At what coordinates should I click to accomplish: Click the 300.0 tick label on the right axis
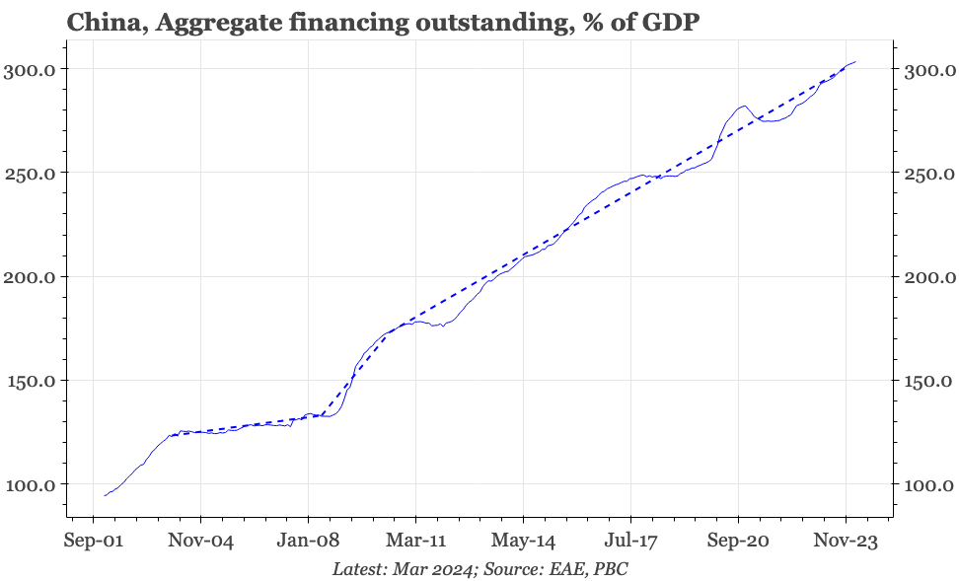click(928, 69)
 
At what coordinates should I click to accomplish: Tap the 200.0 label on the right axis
click(928, 276)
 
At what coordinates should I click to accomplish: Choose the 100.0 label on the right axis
click(928, 484)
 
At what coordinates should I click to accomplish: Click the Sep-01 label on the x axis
click(94, 541)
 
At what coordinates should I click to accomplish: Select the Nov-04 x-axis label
click(201, 541)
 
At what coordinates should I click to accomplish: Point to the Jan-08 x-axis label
click(309, 541)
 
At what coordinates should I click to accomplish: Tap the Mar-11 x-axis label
click(415, 541)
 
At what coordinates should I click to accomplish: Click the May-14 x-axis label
click(523, 541)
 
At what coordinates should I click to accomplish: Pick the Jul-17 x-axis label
click(630, 541)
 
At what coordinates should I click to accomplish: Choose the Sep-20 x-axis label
click(738, 541)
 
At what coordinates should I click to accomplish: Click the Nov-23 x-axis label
click(846, 541)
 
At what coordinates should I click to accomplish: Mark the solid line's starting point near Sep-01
click(105, 495)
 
